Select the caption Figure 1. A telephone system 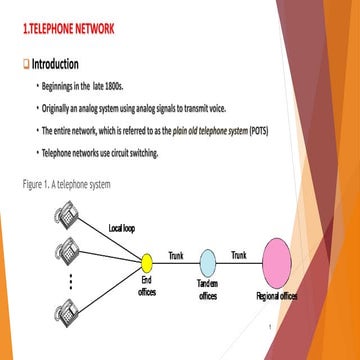66,185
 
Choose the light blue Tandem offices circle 207,263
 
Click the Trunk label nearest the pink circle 239,255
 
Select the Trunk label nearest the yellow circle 176,255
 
